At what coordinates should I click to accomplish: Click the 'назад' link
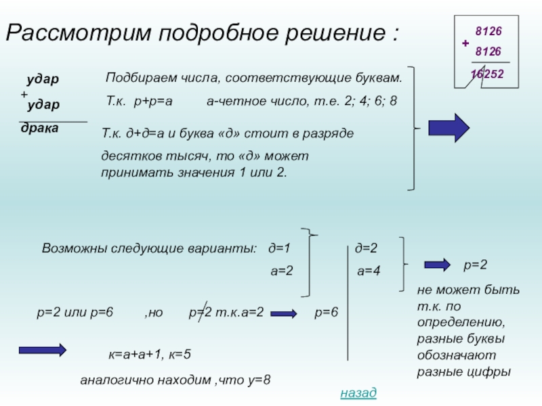pos(358,393)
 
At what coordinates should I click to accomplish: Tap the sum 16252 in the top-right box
pos(487,73)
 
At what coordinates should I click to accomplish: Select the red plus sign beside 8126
pos(465,43)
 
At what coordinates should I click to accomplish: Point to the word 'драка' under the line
pos(39,128)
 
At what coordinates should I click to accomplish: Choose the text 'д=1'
pos(279,248)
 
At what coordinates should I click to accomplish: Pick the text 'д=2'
pos(366,248)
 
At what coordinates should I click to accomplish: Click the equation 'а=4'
pos(369,271)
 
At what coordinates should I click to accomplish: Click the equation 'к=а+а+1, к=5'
pos(150,354)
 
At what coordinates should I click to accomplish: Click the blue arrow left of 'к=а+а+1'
pos(41,350)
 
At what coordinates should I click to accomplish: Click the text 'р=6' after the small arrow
pos(326,312)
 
